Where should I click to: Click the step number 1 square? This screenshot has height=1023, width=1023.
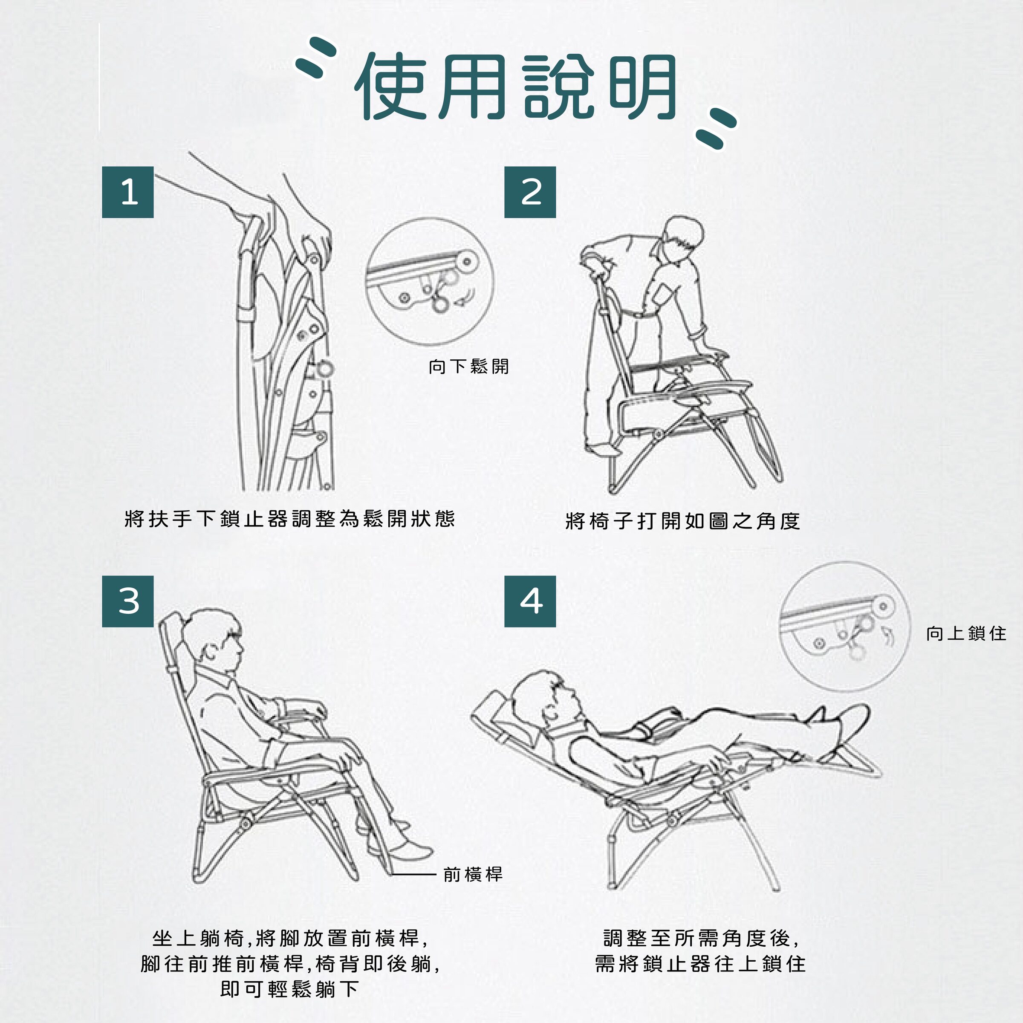tap(127, 192)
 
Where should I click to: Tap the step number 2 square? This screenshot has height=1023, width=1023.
tap(529, 192)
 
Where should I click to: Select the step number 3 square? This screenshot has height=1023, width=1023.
tap(127, 601)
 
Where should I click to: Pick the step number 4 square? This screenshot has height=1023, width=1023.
tap(529, 601)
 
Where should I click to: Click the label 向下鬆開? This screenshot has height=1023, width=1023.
tap(468, 367)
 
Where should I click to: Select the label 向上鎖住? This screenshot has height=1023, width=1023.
tap(966, 633)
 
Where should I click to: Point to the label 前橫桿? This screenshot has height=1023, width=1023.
tap(473, 874)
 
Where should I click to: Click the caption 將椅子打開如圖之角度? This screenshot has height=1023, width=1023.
tap(682, 521)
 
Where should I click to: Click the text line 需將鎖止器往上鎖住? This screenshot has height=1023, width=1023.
tap(700, 964)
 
